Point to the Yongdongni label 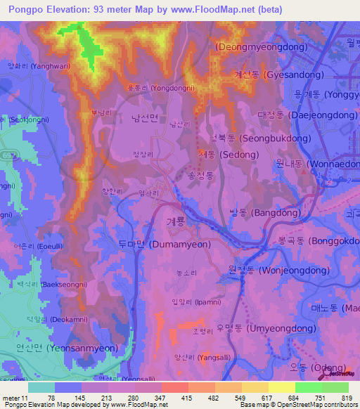tap(162, 89)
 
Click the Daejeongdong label tap(298, 114)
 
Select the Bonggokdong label tap(324, 241)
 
